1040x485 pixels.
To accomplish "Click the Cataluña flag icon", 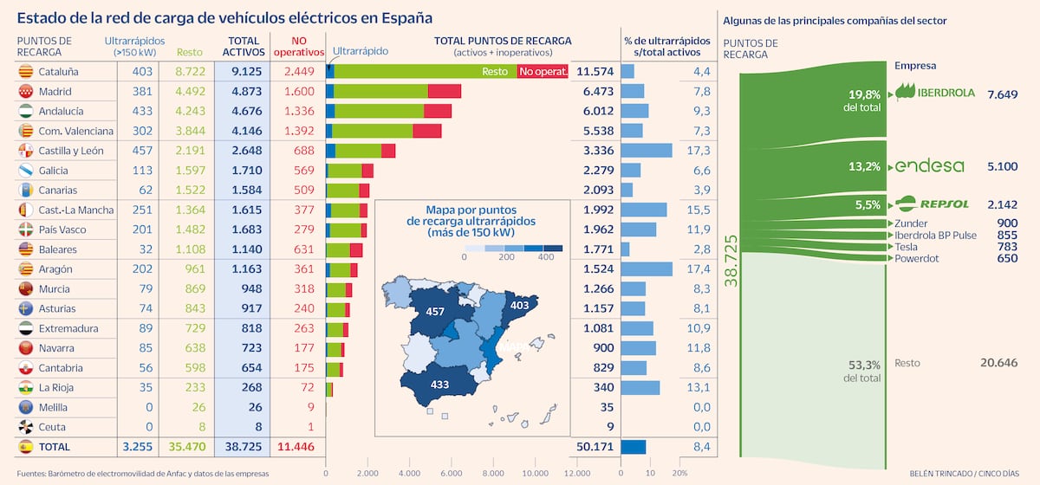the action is point(25,72).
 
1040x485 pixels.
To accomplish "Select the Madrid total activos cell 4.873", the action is point(246,92).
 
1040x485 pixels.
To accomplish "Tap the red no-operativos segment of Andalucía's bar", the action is point(438,111).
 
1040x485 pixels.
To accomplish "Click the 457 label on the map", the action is point(435,312).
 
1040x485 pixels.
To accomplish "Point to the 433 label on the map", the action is point(439,385).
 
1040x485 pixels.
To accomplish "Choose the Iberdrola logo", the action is point(934,92).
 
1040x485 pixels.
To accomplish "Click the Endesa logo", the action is point(929,166).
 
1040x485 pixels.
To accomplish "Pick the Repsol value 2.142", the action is point(1003,204).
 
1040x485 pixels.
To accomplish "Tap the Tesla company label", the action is point(906,247).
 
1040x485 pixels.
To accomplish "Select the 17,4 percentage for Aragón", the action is point(699,269).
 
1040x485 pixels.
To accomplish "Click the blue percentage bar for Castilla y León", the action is point(647,151).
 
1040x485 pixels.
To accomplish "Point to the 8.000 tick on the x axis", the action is point(493,474).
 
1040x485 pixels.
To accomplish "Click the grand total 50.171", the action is point(595,447).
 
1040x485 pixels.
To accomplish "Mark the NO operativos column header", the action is point(299,47).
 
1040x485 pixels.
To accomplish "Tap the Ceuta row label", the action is point(52,427).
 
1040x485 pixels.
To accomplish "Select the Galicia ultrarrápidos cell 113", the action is point(142,171).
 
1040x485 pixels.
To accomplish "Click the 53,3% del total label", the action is point(862,372).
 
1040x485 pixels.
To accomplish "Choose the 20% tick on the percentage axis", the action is point(679,474).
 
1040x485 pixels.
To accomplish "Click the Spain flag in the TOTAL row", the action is point(25,447).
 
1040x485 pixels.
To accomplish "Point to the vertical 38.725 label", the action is point(731,261).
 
